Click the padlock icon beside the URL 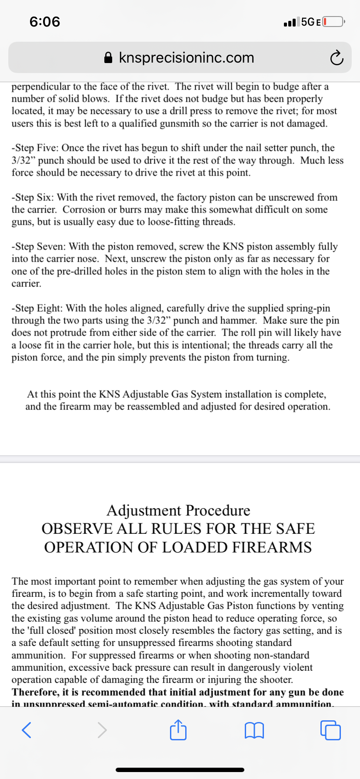pos(109,58)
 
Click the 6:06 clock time pos(45,21)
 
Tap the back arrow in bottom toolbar pos(27,730)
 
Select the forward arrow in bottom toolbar pos(102,730)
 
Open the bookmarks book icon pos(254,730)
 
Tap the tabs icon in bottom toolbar pos(330,730)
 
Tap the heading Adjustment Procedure pos(178,510)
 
